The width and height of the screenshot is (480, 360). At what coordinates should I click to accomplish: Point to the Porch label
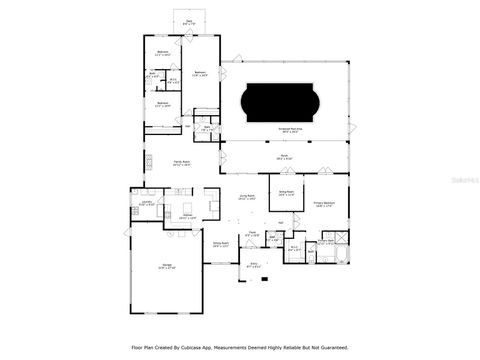pyautogui.click(x=282, y=158)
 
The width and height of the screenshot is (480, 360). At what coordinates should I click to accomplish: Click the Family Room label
pyautogui.click(x=181, y=162)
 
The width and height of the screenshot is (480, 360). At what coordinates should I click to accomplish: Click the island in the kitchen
pyautogui.click(x=186, y=207)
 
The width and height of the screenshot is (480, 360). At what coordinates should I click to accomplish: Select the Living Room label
pyautogui.click(x=247, y=198)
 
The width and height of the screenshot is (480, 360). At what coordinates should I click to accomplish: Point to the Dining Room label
pyautogui.click(x=220, y=243)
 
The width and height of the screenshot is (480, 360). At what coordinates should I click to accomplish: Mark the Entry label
pyautogui.click(x=253, y=267)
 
